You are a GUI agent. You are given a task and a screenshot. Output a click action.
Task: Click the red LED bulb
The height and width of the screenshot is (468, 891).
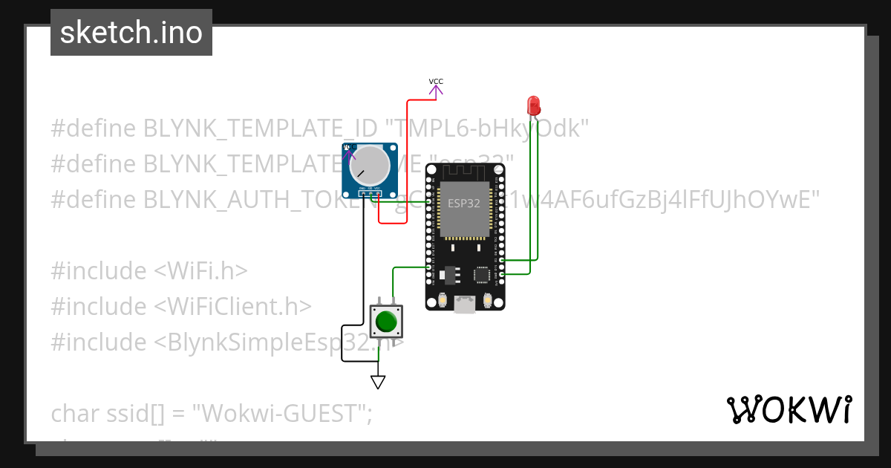tap(533, 105)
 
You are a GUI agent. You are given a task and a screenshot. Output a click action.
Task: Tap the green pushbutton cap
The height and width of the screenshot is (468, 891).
tap(385, 322)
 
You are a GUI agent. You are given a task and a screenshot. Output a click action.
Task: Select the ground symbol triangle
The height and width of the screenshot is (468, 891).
tap(378, 382)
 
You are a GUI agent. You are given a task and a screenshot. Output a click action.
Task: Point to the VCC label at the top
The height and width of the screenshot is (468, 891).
tap(436, 82)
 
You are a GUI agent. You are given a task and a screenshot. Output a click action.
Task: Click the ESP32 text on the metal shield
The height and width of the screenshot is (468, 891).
tap(465, 203)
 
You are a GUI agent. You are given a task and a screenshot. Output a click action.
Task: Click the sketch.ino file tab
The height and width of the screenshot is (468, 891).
tap(131, 33)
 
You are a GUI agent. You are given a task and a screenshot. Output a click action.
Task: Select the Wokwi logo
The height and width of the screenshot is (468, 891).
tap(789, 409)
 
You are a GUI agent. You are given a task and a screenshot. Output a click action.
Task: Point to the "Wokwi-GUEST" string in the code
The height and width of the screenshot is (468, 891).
tap(281, 414)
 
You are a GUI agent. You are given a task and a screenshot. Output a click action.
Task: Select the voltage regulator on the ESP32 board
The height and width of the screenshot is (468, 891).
tap(448, 275)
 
